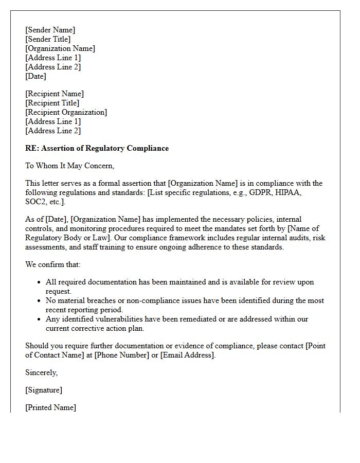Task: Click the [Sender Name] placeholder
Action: tap(50, 30)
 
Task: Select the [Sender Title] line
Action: tap(48, 39)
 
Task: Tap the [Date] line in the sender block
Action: tap(35, 76)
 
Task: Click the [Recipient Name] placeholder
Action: tap(55, 94)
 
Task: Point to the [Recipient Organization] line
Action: tap(66, 112)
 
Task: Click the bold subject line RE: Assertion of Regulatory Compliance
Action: tap(97, 148)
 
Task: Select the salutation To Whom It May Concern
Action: tap(69, 166)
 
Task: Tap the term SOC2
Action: tap(35, 202)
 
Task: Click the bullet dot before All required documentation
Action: tap(40, 282)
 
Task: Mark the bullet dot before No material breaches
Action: tap(40, 301)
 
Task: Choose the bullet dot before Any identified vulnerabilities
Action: tap(40, 319)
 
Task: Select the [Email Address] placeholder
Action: tap(187, 355)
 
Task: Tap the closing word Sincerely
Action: tap(41, 372)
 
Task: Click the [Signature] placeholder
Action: tap(44, 390)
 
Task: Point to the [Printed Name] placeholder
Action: tap(50, 407)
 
